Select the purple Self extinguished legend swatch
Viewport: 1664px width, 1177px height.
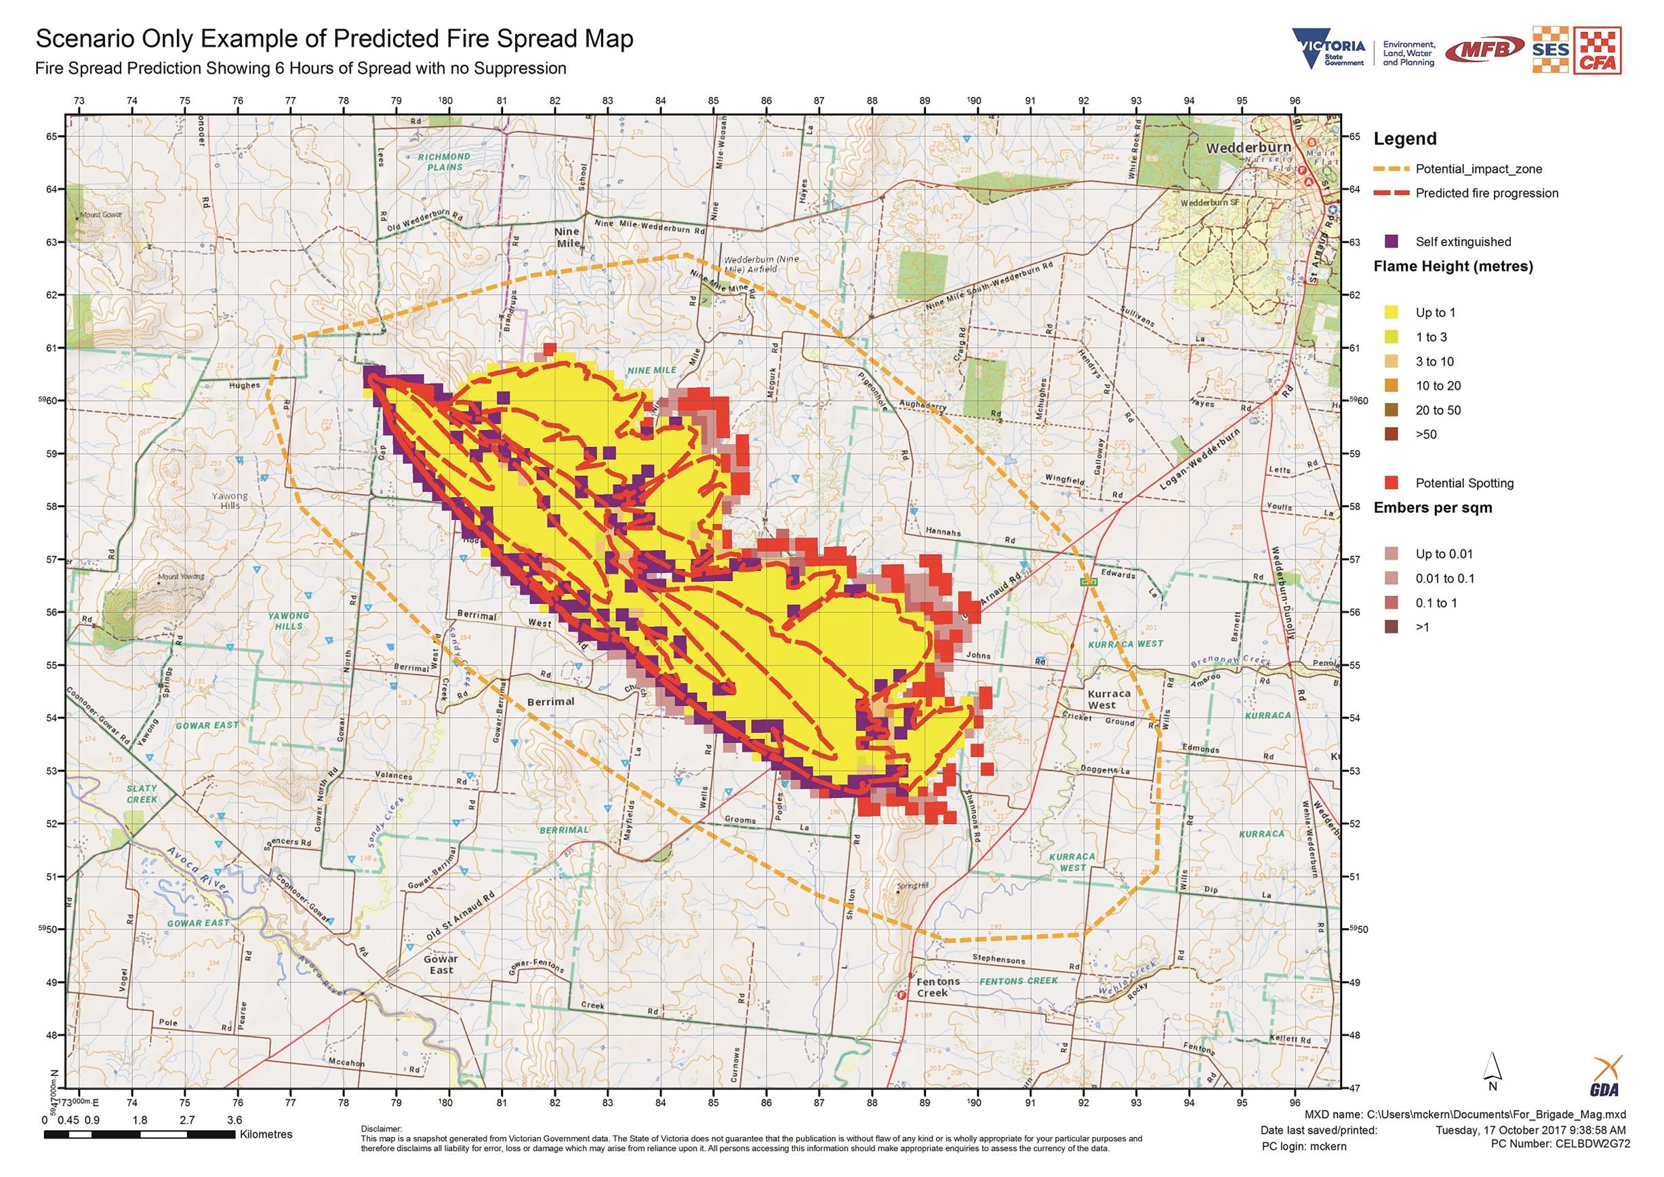point(1390,241)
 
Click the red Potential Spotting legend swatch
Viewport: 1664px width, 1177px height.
point(1390,483)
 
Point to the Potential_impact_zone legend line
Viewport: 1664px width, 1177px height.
point(1390,169)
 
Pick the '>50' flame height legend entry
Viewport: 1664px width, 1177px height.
point(1425,434)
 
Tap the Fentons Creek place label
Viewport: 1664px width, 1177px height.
point(938,986)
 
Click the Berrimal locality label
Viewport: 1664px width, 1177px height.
point(551,702)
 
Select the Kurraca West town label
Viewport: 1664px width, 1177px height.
point(1108,698)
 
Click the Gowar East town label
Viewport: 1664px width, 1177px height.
point(441,964)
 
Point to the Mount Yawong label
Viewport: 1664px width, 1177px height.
point(182,576)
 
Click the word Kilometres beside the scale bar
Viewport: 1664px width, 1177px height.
point(266,1134)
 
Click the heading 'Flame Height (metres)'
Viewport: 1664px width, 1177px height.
point(1453,266)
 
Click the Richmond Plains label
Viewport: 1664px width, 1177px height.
point(445,161)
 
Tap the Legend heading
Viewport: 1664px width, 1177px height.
point(1404,138)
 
